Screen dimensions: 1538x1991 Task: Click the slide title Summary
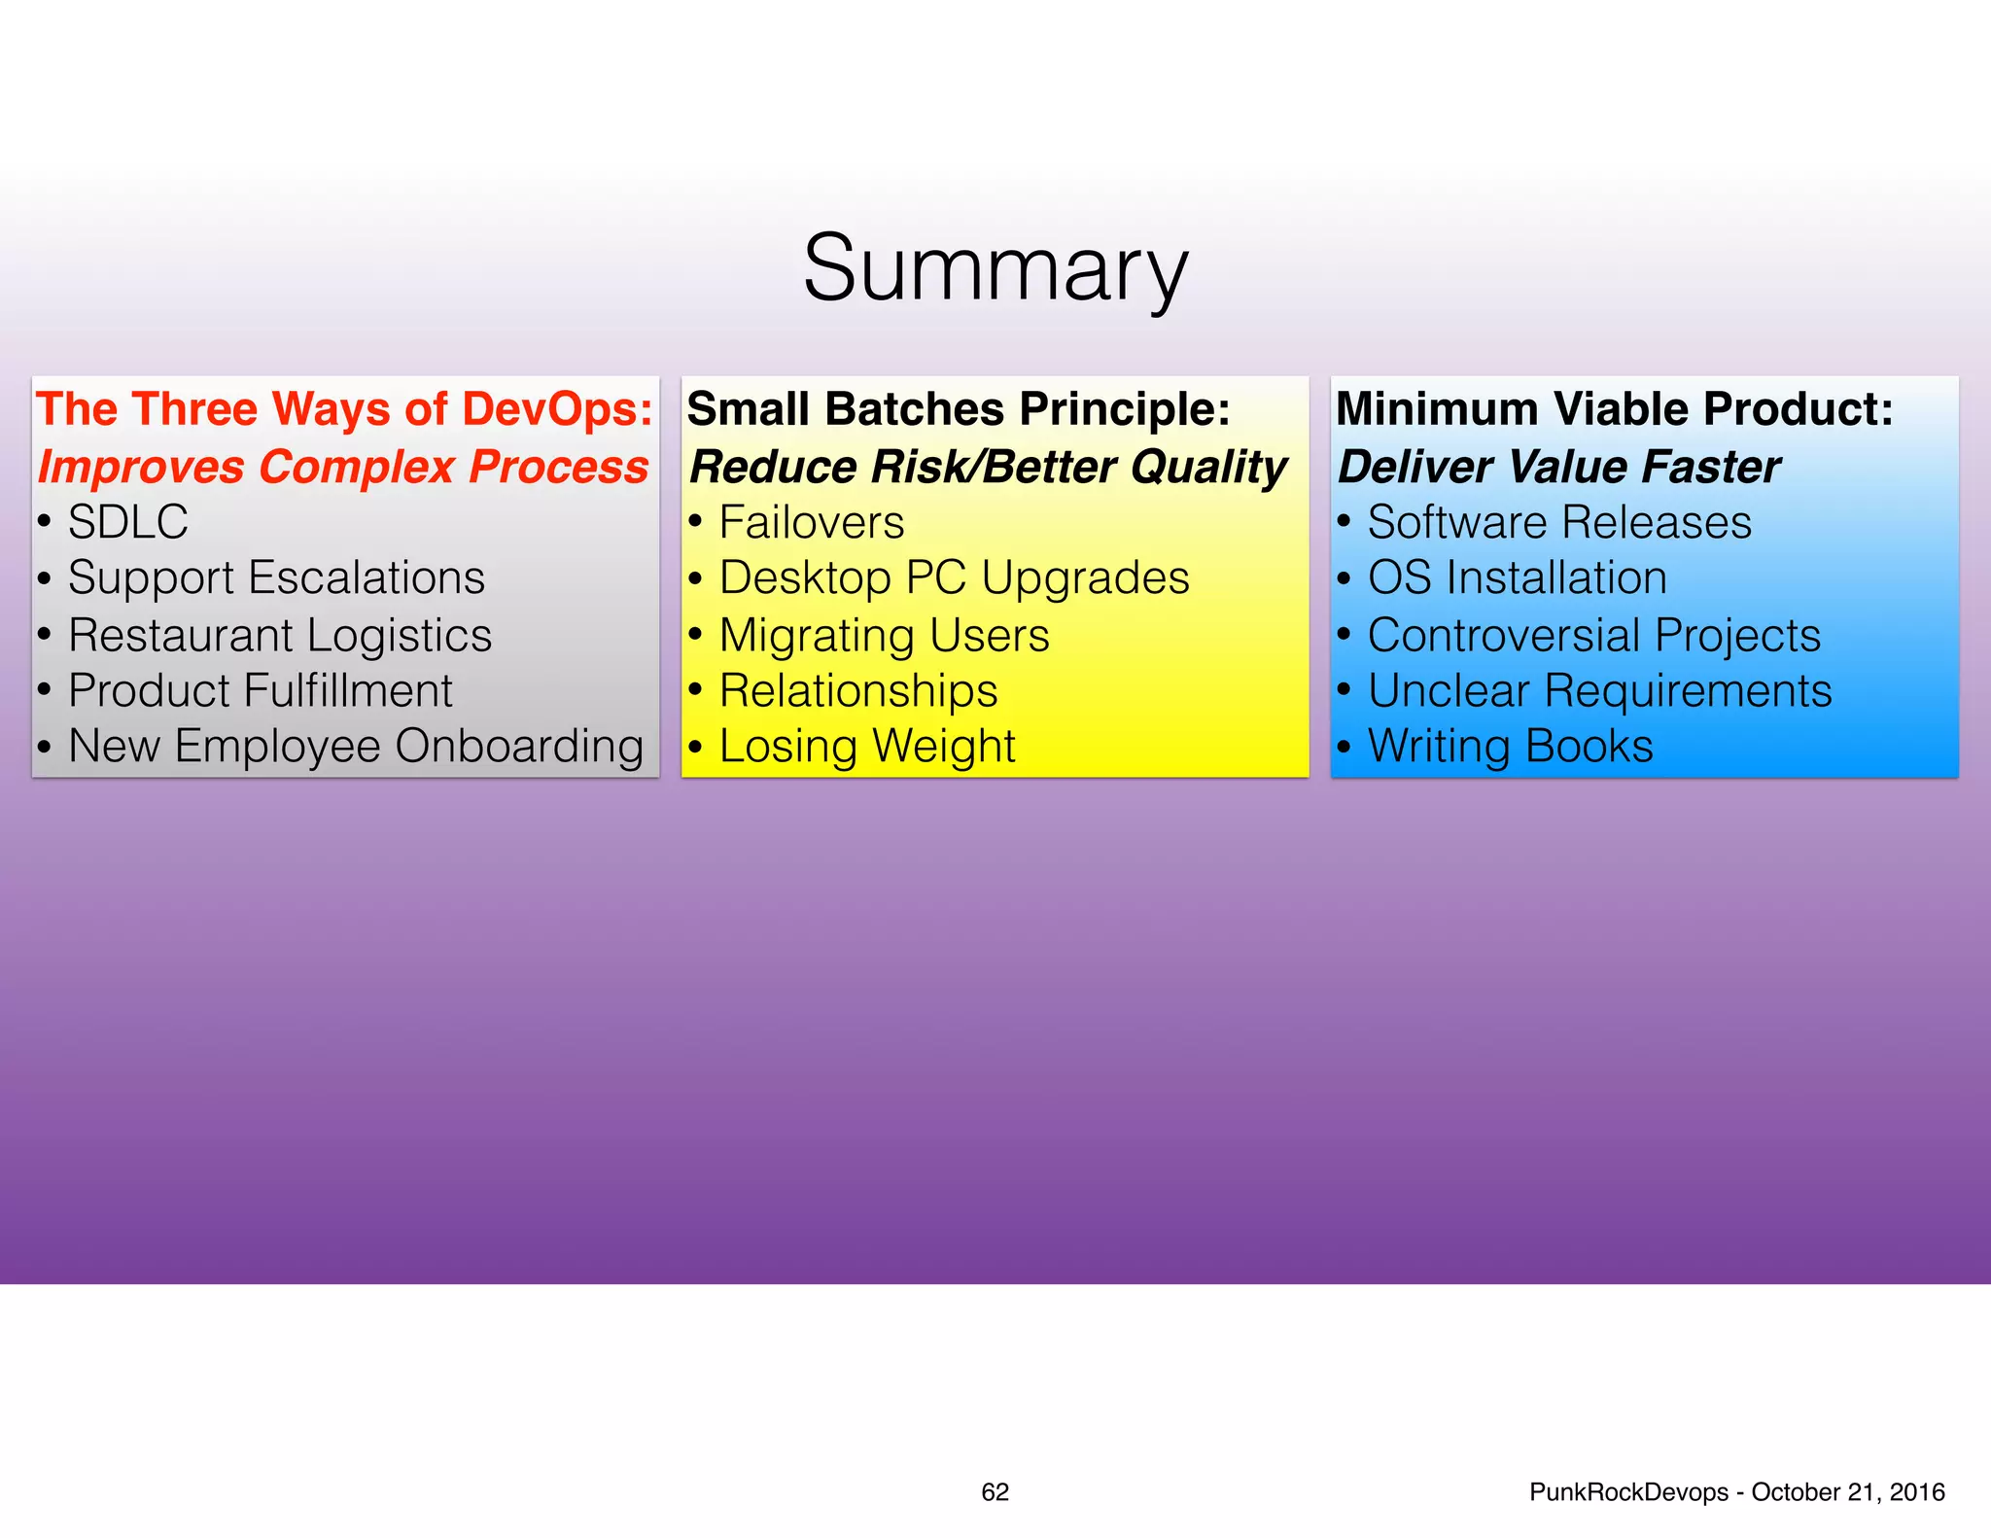pyautogui.click(x=995, y=268)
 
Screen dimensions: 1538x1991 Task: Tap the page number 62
pyautogui.click(x=995, y=1491)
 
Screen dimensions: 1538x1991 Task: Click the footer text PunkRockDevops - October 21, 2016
pyautogui.click(x=1736, y=1491)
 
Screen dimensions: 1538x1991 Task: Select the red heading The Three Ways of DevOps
pyautogui.click(x=344, y=409)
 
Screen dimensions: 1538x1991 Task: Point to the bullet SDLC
pyautogui.click(x=127, y=523)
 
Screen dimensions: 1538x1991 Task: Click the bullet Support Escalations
pyautogui.click(x=276, y=578)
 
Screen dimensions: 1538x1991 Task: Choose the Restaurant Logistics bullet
pyautogui.click(x=280, y=636)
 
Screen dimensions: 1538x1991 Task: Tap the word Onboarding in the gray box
pyautogui.click(x=519, y=747)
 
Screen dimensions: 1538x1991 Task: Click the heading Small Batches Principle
pyautogui.click(x=959, y=409)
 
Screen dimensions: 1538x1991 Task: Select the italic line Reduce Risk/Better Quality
pyautogui.click(x=988, y=468)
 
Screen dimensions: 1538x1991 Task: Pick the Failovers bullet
pyautogui.click(x=811, y=523)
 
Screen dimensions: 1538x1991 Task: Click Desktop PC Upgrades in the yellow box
pyautogui.click(x=954, y=578)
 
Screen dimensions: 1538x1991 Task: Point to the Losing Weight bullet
pyautogui.click(x=866, y=747)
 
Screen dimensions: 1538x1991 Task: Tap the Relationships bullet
pyautogui.click(x=857, y=691)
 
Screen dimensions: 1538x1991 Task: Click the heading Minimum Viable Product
pyautogui.click(x=1614, y=409)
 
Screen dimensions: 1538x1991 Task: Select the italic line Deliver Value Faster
pyautogui.click(x=1558, y=468)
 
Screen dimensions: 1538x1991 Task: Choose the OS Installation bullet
pyautogui.click(x=1517, y=578)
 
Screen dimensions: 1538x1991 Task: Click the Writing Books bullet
pyautogui.click(x=1510, y=747)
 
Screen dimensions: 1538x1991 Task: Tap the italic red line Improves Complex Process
pyautogui.click(x=342, y=468)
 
